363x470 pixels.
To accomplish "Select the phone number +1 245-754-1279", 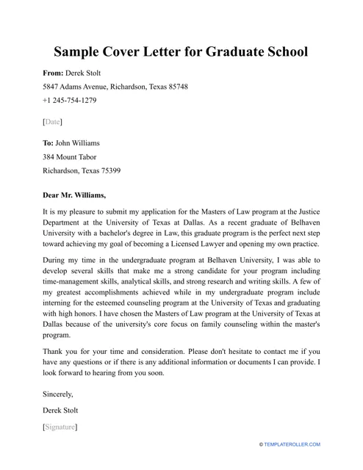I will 69,100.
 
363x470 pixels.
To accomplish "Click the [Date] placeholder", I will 52,121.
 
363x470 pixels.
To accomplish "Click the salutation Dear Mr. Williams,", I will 74,195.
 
